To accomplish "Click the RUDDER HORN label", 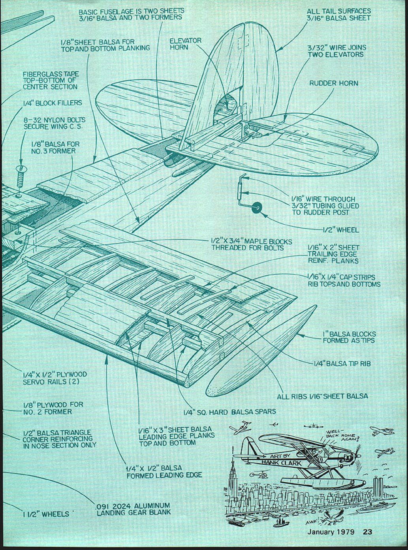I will tap(334, 83).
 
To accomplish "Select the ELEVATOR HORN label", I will tap(185, 44).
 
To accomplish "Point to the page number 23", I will tap(367, 531).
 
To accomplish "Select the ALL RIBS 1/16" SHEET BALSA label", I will tap(322, 396).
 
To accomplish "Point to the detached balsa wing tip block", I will tap(261, 351).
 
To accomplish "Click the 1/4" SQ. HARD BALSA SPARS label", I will tap(229, 412).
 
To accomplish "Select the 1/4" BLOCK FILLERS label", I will tap(53, 103).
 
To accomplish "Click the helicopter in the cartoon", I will tap(257, 474).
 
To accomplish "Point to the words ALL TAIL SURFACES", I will tap(339, 11).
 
